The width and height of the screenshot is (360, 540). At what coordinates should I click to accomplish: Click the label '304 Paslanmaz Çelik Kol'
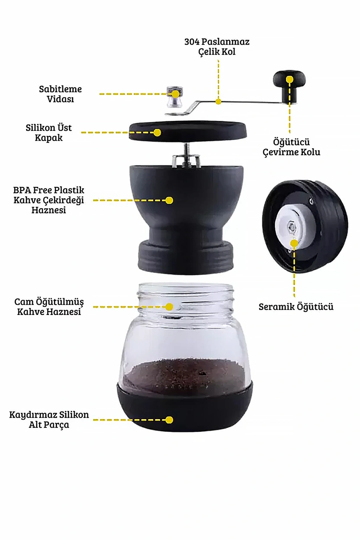tap(217, 47)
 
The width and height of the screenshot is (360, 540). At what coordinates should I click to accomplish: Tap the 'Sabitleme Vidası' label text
tap(60, 94)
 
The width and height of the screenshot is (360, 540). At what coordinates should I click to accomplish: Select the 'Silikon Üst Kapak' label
tap(49, 133)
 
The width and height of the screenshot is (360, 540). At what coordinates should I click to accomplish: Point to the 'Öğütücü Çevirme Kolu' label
tap(291, 147)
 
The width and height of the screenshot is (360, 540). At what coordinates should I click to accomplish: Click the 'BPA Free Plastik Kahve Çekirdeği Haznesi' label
tap(49, 200)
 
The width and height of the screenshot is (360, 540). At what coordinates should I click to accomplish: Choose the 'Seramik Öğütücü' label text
tap(296, 307)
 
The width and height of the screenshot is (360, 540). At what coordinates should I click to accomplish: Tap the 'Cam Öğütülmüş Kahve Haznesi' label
tap(49, 307)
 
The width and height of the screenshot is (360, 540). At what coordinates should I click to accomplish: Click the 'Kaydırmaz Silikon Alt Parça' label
tap(49, 419)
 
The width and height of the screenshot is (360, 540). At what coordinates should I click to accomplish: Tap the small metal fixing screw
tap(175, 97)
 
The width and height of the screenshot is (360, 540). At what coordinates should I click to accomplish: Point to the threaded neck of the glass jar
tap(185, 297)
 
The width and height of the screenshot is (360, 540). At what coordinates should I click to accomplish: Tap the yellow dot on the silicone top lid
tap(157, 133)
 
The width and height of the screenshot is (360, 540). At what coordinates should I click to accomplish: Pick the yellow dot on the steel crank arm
tap(218, 102)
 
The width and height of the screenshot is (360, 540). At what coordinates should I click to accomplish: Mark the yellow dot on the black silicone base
tap(169, 420)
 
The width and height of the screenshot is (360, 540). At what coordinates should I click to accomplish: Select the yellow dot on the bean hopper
tap(169, 200)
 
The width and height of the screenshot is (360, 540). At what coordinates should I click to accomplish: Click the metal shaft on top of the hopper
tap(185, 155)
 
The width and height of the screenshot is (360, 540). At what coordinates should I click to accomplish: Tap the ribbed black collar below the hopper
tap(185, 257)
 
